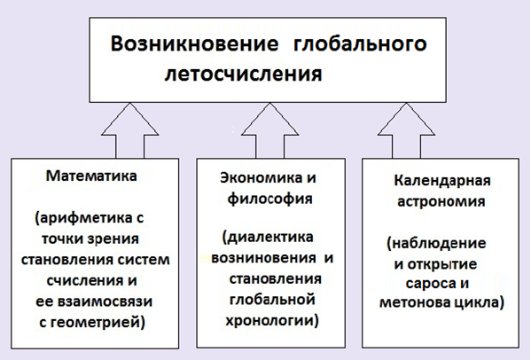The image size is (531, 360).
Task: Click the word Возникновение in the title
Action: [195, 44]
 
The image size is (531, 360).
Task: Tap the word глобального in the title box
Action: [360, 45]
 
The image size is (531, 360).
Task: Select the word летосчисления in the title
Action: [243, 74]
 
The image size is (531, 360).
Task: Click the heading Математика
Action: [91, 176]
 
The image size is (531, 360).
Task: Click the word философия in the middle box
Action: [269, 199]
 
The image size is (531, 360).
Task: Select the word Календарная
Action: [442, 181]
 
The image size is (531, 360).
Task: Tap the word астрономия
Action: [441, 202]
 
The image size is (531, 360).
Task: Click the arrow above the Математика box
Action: [130, 130]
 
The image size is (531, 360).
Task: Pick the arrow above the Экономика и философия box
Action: [269, 130]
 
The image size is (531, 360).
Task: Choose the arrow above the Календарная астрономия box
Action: [406, 130]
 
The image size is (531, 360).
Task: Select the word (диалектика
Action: [268, 237]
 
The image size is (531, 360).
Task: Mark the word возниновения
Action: [264, 258]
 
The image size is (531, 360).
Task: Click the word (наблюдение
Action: [436, 244]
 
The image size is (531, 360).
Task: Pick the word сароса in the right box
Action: [427, 283]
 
